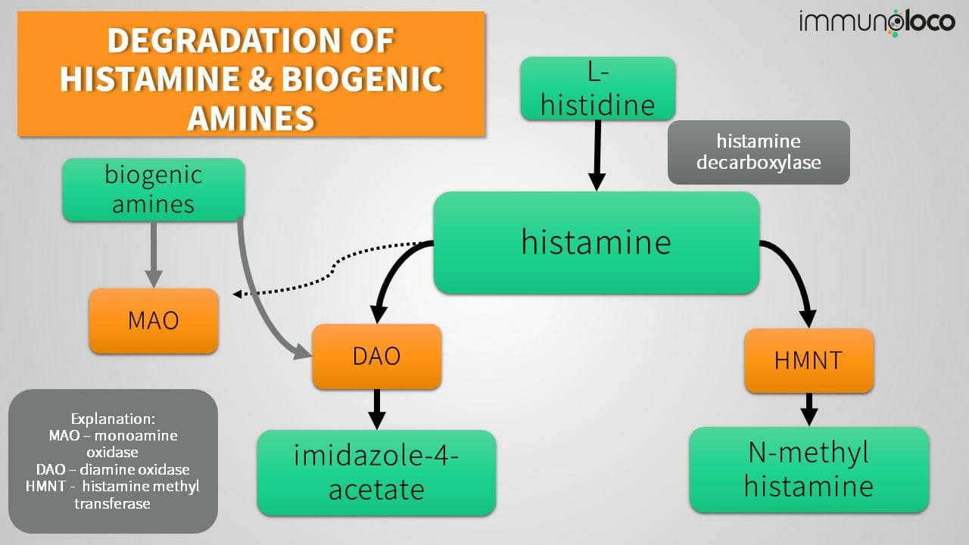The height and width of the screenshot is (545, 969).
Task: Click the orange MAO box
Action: pos(154,321)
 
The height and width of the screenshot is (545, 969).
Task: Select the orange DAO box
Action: pos(376,357)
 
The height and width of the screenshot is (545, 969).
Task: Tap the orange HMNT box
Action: pos(809,360)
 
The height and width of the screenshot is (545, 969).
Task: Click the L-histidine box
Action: pos(597,89)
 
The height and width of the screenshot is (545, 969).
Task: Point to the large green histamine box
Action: pos(596,242)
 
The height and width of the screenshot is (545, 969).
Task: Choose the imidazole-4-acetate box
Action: pos(376,473)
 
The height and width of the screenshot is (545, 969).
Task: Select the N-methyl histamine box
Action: pos(809,470)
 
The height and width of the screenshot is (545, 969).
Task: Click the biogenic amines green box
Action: pos(154,190)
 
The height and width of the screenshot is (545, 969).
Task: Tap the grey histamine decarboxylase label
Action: pos(759,152)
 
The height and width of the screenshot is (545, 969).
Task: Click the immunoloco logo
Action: pos(877,22)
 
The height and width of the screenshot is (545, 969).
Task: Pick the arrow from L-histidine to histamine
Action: pos(597,155)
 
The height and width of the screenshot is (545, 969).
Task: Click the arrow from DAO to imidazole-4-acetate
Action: pos(376,409)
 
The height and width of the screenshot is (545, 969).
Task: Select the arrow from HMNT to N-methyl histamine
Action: pos(809,409)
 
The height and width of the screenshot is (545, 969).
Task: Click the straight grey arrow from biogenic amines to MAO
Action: pos(154,254)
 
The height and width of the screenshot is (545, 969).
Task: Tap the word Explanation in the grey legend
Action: pos(113,419)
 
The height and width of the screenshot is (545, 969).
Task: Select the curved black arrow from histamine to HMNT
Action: pos(795,265)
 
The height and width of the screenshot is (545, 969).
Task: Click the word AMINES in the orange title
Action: pos(251,118)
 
